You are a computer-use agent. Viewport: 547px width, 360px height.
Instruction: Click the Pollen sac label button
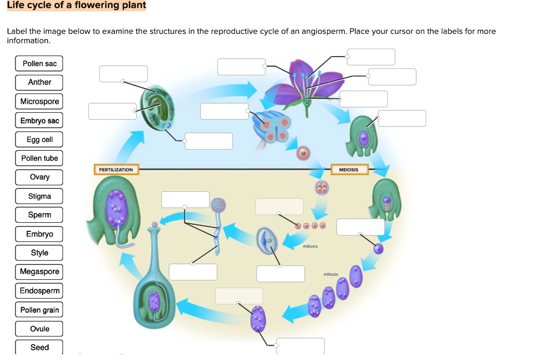[x=40, y=64]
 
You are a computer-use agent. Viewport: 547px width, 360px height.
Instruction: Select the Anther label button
[x=40, y=82]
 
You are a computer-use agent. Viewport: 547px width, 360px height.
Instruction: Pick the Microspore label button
[x=40, y=101]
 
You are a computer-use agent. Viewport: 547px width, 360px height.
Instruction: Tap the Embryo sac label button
[x=40, y=121]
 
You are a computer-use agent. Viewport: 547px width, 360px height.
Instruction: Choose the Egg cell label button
[x=40, y=139]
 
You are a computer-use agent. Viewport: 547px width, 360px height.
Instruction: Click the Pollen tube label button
[x=40, y=158]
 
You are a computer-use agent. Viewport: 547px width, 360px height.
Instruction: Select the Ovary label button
[x=40, y=177]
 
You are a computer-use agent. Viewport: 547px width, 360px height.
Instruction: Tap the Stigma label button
[x=40, y=196]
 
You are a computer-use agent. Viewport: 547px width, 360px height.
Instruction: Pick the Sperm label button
[x=40, y=215]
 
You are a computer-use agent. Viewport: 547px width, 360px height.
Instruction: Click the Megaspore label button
[x=40, y=271]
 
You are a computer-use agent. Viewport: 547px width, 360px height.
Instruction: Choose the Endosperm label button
[x=40, y=291]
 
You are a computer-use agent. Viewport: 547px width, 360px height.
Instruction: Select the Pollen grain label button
[x=40, y=310]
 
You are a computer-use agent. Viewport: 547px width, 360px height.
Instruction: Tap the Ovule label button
[x=40, y=328]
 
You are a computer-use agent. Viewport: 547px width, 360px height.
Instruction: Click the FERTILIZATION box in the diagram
[x=116, y=170]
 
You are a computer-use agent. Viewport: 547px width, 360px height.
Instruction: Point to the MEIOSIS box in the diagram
[x=348, y=170]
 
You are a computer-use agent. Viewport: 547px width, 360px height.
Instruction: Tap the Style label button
[x=40, y=253]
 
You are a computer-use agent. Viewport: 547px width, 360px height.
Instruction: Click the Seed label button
[x=40, y=347]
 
